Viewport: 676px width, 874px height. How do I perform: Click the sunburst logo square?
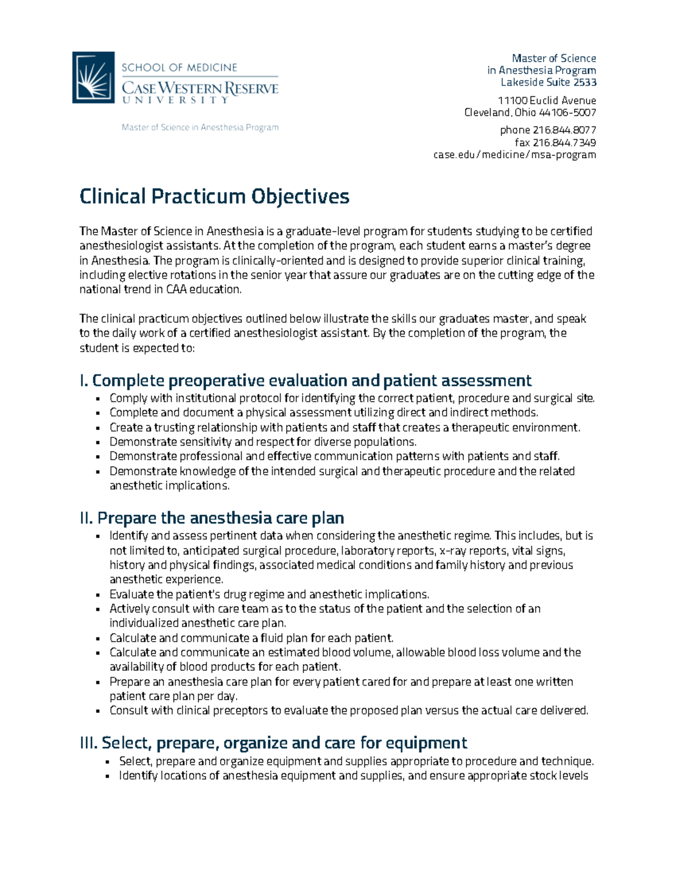(93, 78)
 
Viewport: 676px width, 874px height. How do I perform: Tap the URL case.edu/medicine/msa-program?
(514, 155)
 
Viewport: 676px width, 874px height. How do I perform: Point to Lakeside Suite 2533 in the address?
(548, 83)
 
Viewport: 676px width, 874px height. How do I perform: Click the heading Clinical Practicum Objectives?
(214, 196)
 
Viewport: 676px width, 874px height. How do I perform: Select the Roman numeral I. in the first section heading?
(84, 381)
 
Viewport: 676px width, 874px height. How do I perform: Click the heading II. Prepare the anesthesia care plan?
(212, 518)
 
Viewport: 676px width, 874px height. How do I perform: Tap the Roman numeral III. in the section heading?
(89, 743)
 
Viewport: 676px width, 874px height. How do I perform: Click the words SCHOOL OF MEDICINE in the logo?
(179, 68)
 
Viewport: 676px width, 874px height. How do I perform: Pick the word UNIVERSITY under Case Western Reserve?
(175, 100)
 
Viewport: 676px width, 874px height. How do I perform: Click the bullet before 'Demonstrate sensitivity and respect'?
(98, 442)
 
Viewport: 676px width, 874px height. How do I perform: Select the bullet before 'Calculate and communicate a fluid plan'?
(98, 639)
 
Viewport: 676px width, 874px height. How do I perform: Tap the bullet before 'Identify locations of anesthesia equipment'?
(108, 777)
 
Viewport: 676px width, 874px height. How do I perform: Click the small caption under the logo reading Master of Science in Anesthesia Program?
(200, 128)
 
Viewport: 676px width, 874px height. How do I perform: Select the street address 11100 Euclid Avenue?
(546, 101)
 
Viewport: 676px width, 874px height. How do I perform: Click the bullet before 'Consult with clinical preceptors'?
(98, 711)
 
